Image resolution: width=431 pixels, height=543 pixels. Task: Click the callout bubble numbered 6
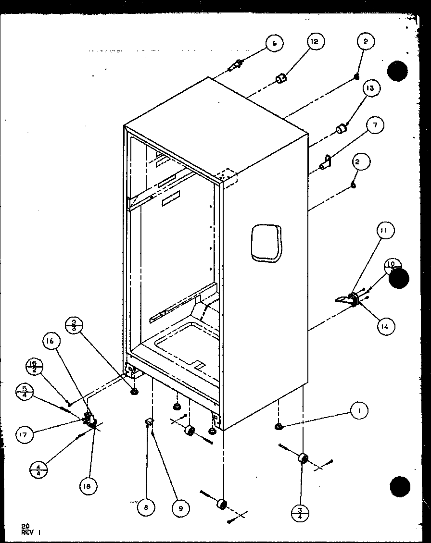274,43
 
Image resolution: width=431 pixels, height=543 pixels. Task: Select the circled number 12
314,42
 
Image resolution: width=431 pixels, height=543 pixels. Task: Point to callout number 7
375,125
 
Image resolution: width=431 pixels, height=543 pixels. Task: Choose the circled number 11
384,231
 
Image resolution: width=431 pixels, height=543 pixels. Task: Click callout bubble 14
385,326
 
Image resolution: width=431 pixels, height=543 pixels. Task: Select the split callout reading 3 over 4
300,512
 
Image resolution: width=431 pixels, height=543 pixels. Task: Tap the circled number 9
179,508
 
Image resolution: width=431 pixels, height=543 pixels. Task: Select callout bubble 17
24,435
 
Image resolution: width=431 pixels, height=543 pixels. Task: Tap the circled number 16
51,341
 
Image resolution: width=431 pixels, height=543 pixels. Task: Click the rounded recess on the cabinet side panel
266,244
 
